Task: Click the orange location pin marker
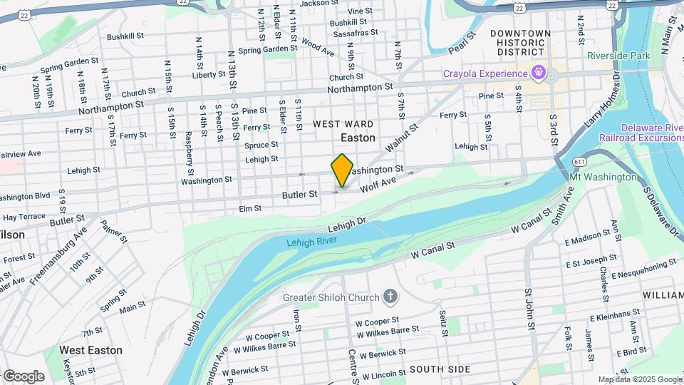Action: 342,170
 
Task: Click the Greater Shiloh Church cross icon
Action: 390,297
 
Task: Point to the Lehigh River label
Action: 311,242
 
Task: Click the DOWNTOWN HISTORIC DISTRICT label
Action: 520,43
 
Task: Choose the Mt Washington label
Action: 603,176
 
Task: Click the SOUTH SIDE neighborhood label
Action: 440,369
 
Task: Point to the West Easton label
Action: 90,350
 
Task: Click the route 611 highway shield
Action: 576,162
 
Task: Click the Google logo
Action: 24,376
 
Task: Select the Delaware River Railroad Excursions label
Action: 641,132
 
